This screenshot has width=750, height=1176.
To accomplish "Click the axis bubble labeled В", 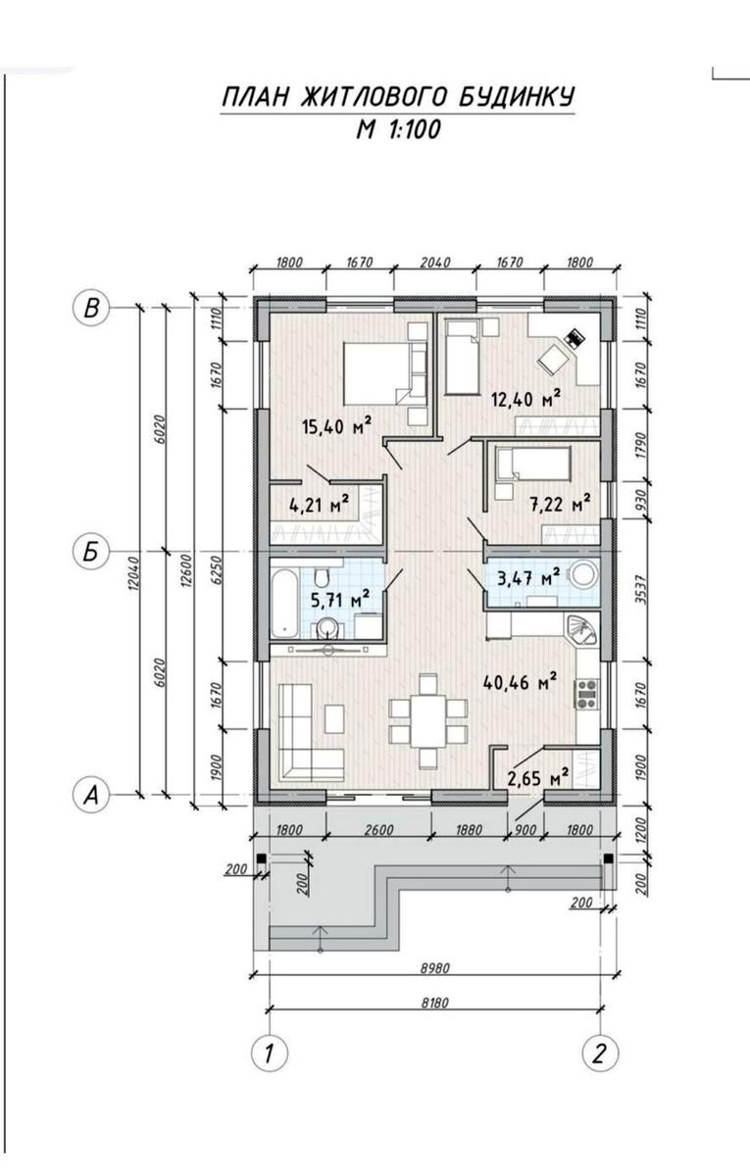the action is pyautogui.click(x=91, y=308).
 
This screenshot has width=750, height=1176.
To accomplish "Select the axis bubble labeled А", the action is pyautogui.click(x=91, y=796).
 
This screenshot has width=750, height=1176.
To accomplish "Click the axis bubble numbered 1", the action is pyautogui.click(x=270, y=1053).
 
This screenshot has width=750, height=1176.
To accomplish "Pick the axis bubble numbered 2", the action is pyautogui.click(x=600, y=1053).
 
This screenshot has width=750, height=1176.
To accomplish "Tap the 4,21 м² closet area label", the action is pyautogui.click(x=319, y=505).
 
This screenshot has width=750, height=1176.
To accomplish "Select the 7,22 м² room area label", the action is pyautogui.click(x=560, y=504).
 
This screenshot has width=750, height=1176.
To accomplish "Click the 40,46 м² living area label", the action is pyautogui.click(x=520, y=682).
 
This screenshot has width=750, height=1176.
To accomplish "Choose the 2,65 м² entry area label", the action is pyautogui.click(x=538, y=776).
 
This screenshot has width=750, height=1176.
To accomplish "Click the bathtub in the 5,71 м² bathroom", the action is pyautogui.click(x=285, y=603).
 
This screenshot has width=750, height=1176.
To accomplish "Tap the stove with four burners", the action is pyautogui.click(x=587, y=693).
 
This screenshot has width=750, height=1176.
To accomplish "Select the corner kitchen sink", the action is pyautogui.click(x=581, y=631).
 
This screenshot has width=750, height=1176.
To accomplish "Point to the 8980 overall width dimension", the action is pyautogui.click(x=435, y=967).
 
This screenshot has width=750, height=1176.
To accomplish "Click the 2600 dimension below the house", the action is pyautogui.click(x=378, y=829).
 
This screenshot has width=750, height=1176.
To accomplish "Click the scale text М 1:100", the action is pyautogui.click(x=398, y=129).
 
